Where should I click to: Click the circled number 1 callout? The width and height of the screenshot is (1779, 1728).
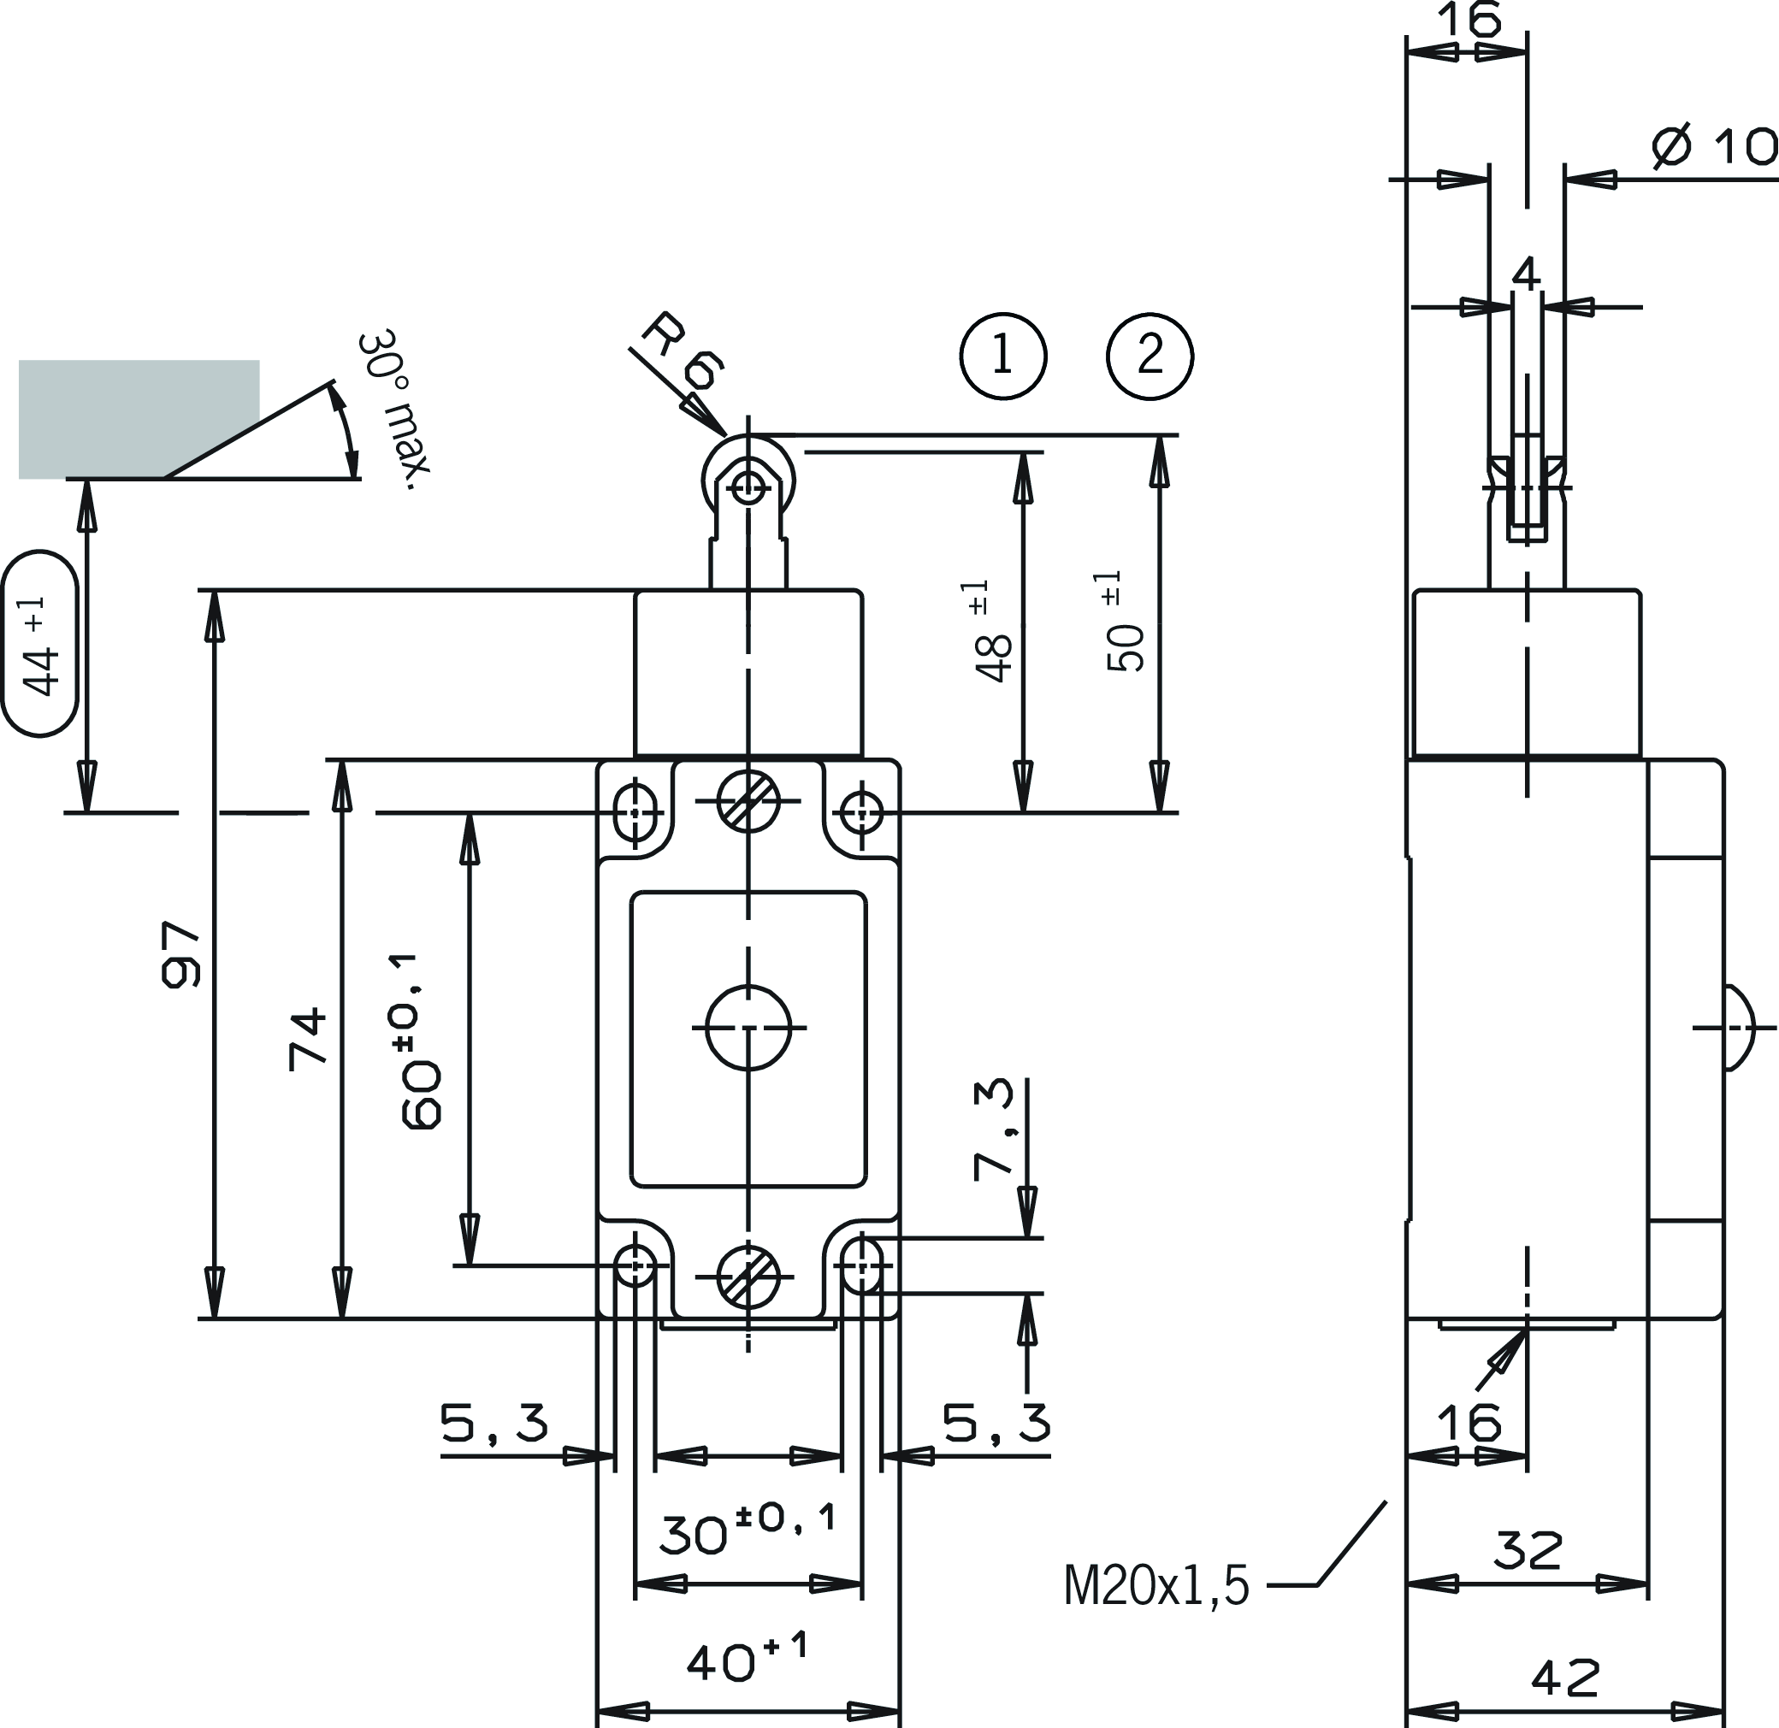1002,356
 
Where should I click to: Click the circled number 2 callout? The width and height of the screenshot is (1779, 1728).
1150,356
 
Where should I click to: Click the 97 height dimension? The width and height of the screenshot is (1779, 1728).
179,954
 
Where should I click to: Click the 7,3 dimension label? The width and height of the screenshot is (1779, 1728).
992,1129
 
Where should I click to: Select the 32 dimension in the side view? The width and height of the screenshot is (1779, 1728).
1528,1551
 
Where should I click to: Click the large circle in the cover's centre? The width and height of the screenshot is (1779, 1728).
748,1029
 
